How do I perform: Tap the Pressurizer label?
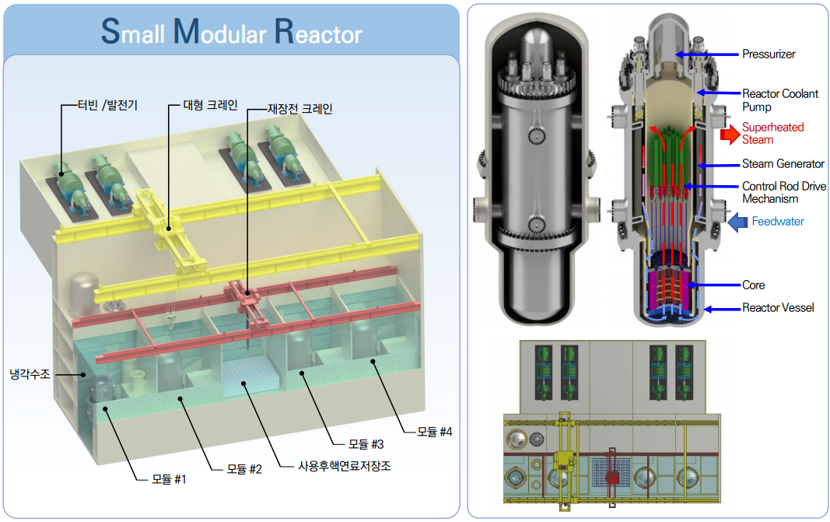(769, 54)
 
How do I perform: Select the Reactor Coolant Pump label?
(780, 100)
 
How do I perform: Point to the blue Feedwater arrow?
(736, 222)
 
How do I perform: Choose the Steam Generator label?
(783, 163)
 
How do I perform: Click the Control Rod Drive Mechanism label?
(783, 193)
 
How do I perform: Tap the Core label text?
(753, 285)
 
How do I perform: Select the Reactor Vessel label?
(778, 307)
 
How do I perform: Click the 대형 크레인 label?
(210, 104)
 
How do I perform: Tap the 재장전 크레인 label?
(299, 109)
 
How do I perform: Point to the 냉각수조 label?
(30, 374)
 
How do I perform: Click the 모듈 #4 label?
(434, 430)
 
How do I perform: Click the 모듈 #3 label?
(366, 444)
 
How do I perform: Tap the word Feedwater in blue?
(778, 222)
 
